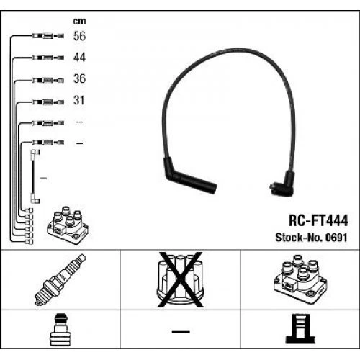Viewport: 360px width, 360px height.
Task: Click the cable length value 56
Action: [80, 35]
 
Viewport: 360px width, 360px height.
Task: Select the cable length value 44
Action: [80, 57]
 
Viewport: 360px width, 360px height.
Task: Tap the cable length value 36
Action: [80, 79]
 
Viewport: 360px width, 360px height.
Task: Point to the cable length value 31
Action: [80, 102]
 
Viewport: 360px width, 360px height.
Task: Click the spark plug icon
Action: [60, 280]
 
